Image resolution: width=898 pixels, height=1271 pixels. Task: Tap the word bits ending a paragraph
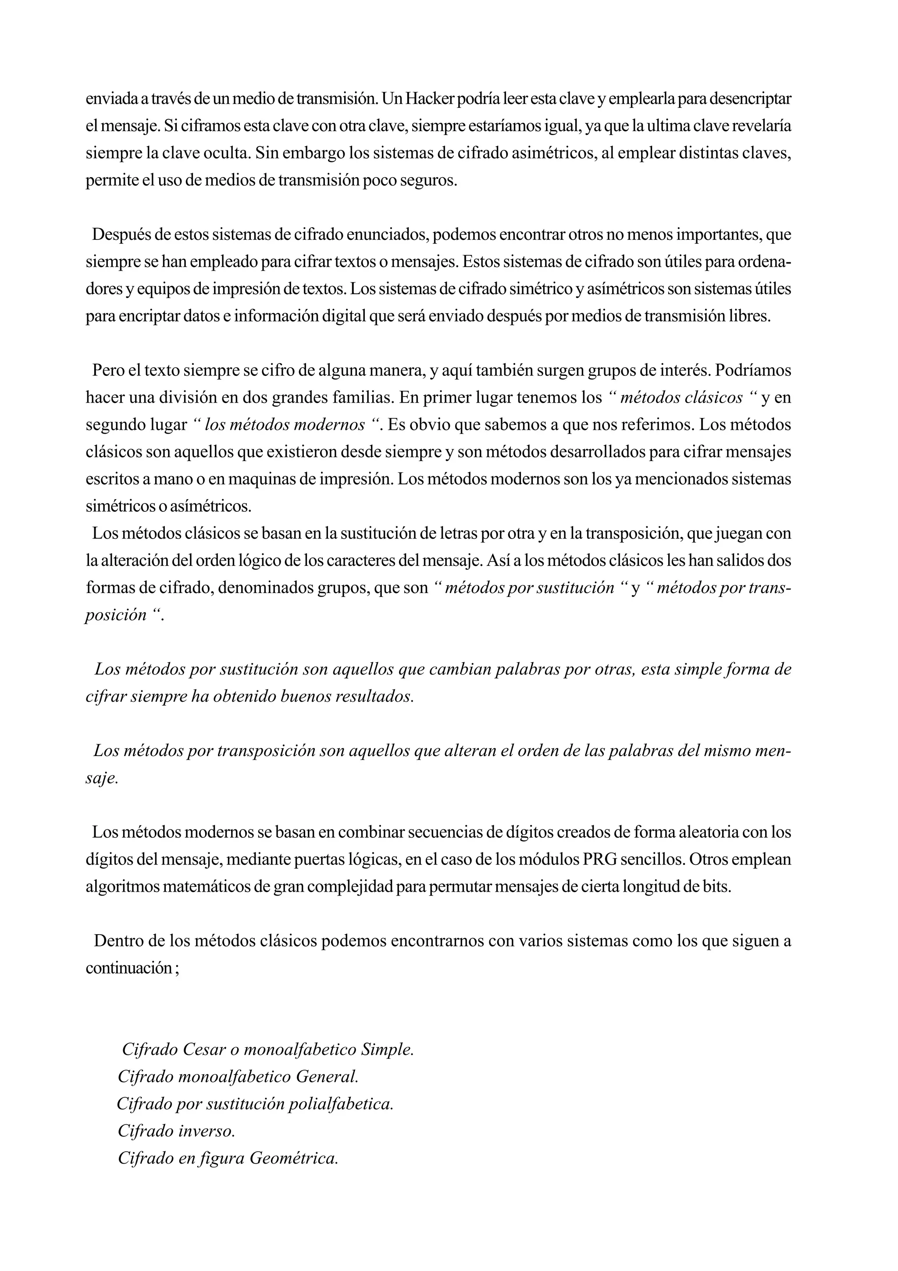click(718, 886)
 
